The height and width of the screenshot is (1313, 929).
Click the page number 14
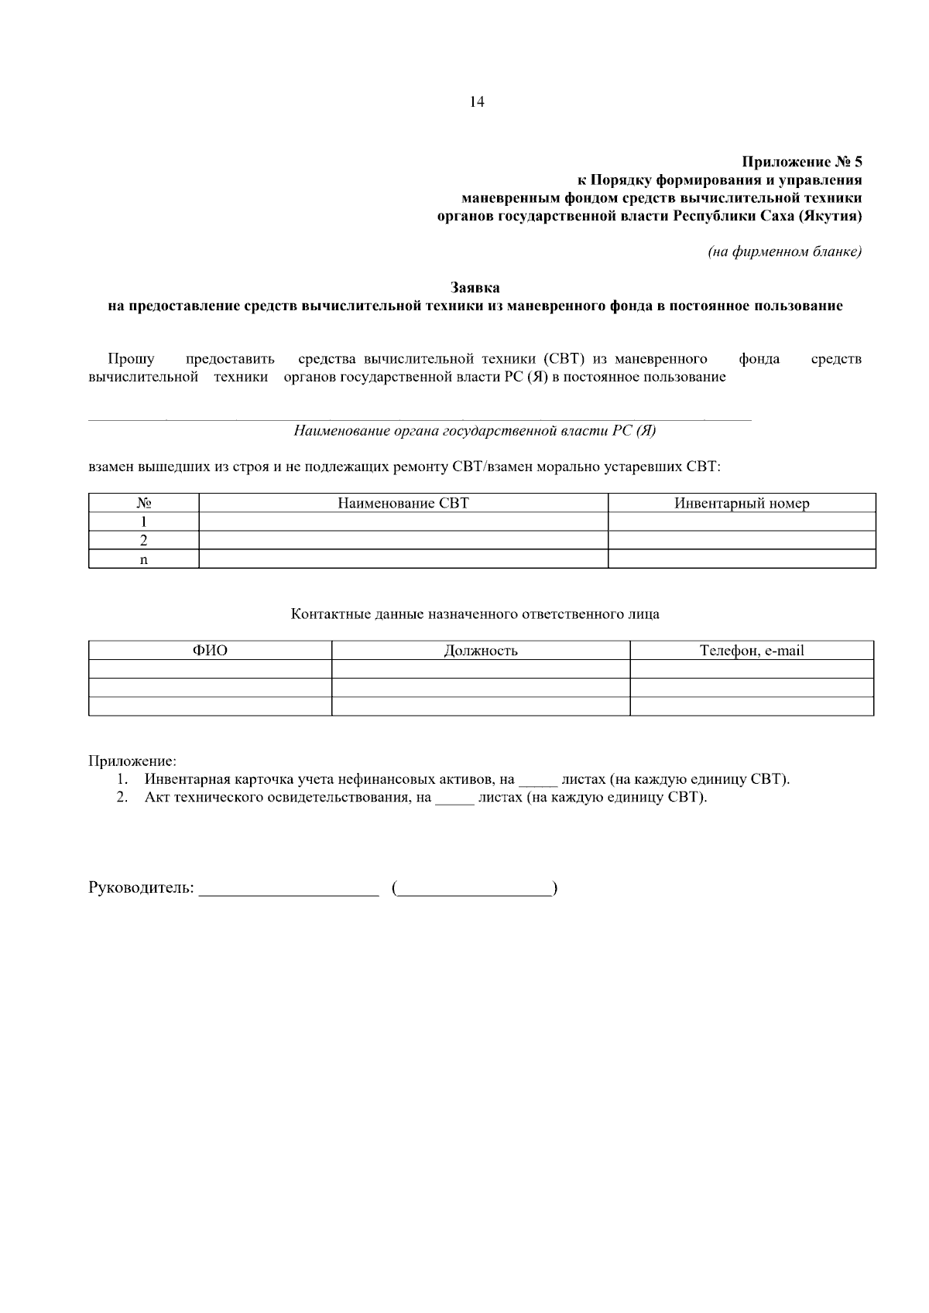click(477, 102)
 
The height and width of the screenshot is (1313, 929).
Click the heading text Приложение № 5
click(801, 162)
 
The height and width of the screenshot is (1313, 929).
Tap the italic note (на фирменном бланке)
click(784, 252)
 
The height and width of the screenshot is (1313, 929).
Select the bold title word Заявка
click(475, 289)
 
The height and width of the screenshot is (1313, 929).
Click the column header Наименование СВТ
click(403, 504)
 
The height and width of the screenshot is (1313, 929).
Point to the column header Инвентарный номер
click(742, 504)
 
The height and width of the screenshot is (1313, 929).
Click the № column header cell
click(143, 504)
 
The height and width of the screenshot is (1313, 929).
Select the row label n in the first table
click(143, 559)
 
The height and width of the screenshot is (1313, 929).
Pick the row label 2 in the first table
click(143, 541)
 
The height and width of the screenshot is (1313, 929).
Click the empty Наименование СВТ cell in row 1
click(403, 522)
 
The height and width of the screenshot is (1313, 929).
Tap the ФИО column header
click(210, 651)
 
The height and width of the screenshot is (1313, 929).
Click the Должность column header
click(481, 651)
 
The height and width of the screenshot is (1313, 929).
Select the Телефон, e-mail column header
click(752, 651)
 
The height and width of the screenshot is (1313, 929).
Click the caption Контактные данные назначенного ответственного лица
click(475, 614)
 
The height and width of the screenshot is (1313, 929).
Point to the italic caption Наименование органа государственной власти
click(475, 432)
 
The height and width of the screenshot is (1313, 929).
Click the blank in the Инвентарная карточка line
click(537, 781)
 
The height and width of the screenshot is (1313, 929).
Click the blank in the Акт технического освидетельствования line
click(454, 800)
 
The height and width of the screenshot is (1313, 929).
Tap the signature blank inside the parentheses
click(475, 890)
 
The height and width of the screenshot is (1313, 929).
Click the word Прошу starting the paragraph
click(131, 359)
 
